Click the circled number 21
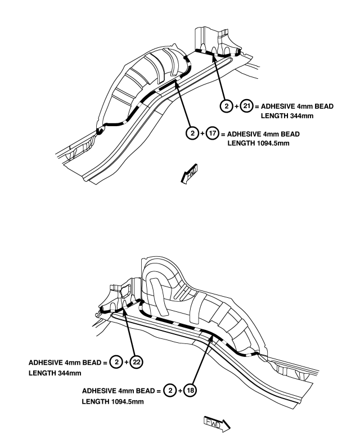pyautogui.click(x=246, y=106)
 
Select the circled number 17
pyautogui.click(x=213, y=133)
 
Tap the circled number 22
pyautogui.click(x=137, y=362)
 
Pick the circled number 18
pyautogui.click(x=190, y=390)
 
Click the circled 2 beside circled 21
pyautogui.click(x=227, y=106)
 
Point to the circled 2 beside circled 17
pyautogui.click(x=192, y=133)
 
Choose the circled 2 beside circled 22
pyautogui.click(x=116, y=362)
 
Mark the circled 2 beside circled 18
pyautogui.click(x=170, y=390)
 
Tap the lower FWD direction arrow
pyautogui.click(x=217, y=424)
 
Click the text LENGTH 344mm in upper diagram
pyautogui.click(x=287, y=116)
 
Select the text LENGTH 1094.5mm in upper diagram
pyautogui.click(x=258, y=143)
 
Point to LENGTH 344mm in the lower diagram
pyautogui.click(x=55, y=373)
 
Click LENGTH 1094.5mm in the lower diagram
pyautogui.click(x=113, y=401)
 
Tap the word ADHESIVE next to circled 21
pyautogui.click(x=278, y=106)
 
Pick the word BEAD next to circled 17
pyautogui.click(x=290, y=134)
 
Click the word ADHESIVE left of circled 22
pyautogui.click(x=46, y=363)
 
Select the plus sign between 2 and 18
pyautogui.click(x=180, y=391)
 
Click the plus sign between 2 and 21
pyautogui.click(x=236, y=106)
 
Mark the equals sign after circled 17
pyautogui.click(x=223, y=134)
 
